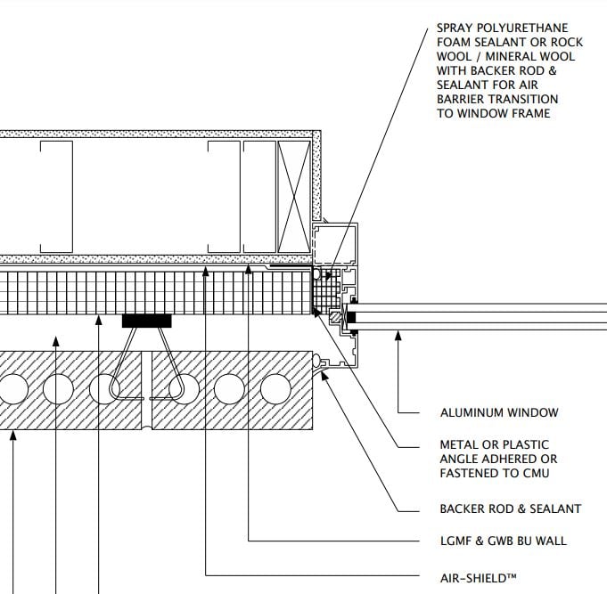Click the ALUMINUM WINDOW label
(499, 412)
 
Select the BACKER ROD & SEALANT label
(510, 509)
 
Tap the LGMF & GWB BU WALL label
(504, 541)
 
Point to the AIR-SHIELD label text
(478, 579)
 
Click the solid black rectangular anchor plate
(147, 321)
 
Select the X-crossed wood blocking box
(294, 197)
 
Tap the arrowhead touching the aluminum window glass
(398, 336)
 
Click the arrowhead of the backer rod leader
(325, 375)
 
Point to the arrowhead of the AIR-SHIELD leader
(206, 272)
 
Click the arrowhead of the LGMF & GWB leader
(248, 269)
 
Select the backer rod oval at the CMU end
(316, 361)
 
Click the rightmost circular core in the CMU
(275, 388)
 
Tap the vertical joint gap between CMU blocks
(146, 390)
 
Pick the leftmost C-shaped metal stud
(56, 197)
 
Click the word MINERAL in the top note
(510, 56)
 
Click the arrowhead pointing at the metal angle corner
(316, 312)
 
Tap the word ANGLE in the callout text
(459, 459)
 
